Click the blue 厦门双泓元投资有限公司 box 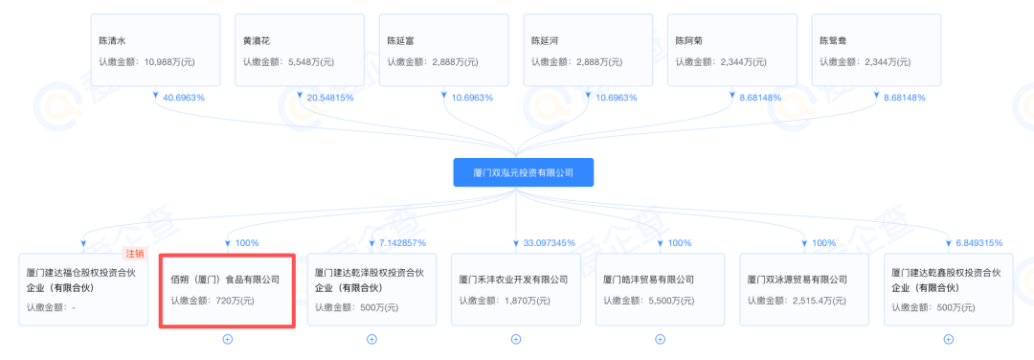point(523,172)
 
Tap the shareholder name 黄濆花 point(257,41)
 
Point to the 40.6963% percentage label point(184,98)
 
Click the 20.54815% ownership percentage point(331,98)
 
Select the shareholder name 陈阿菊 point(688,41)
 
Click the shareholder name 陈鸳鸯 point(832,41)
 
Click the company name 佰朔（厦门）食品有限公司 point(225,280)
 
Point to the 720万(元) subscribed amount point(233,301)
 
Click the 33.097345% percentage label point(544,242)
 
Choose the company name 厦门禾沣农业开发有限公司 point(513,280)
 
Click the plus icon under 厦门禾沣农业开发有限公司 point(516,338)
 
